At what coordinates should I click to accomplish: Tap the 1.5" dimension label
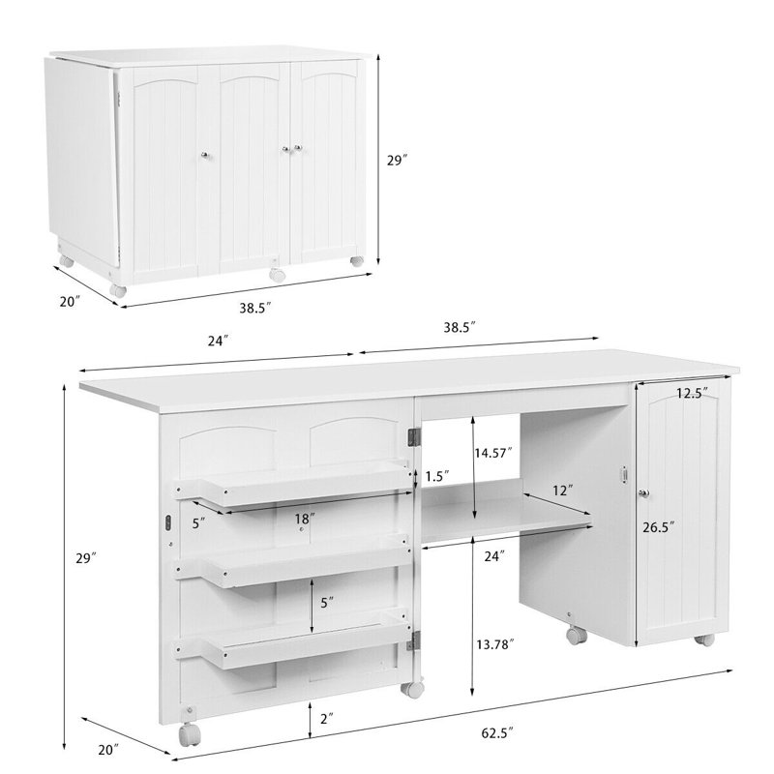coord(434,475)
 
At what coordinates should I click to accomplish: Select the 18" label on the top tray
coord(306,519)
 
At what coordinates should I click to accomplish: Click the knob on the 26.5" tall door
coord(641,494)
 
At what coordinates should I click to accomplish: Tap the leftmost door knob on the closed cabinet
coord(204,156)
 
